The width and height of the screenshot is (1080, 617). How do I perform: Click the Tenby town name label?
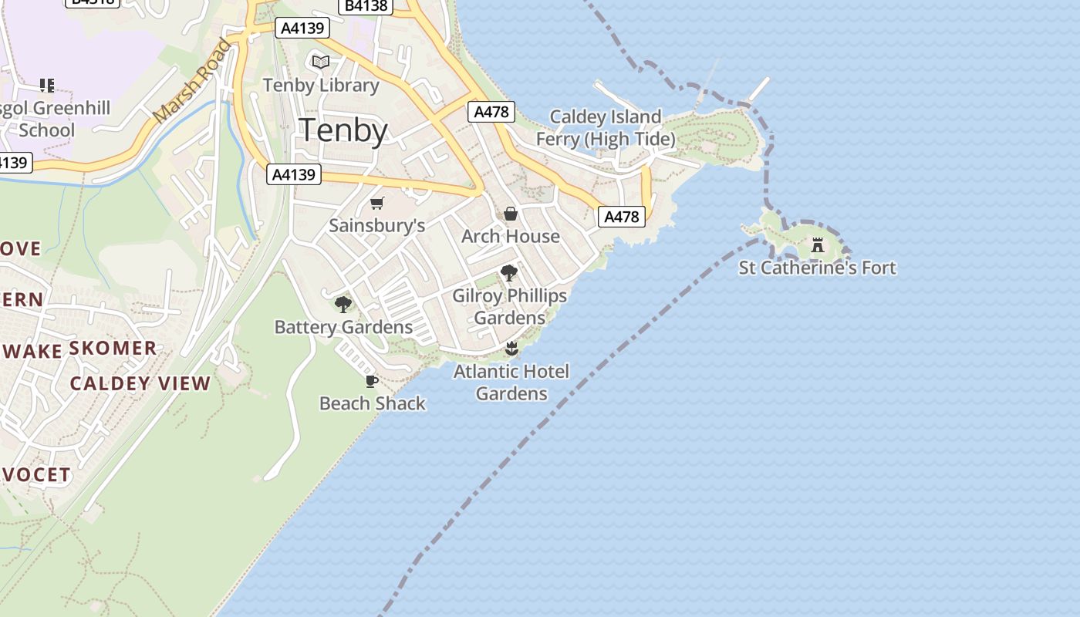coord(343,130)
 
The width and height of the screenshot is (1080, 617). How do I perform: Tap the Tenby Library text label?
coord(321,85)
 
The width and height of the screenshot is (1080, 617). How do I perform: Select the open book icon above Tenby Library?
coord(321,62)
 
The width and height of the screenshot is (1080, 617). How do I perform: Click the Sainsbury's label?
coord(376,225)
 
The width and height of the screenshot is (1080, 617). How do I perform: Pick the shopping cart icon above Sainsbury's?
coord(376,204)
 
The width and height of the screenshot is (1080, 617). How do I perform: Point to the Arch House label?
coord(510,236)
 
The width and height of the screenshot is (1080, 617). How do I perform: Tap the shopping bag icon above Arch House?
coord(510,214)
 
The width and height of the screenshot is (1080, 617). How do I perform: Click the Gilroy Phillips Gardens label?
coord(509,306)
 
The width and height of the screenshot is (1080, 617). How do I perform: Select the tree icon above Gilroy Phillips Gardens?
coord(508,272)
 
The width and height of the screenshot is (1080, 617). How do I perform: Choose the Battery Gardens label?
coord(343,327)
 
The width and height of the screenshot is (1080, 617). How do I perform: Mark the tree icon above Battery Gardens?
coord(343,305)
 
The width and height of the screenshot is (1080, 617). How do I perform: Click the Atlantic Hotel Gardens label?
coord(511,383)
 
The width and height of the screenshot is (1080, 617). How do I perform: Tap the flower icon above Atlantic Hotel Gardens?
coord(511,349)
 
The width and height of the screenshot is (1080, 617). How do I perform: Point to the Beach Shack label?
coord(372,403)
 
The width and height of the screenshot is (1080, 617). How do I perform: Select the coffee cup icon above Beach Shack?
coord(371,381)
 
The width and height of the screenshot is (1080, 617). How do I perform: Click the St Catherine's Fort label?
coord(817,268)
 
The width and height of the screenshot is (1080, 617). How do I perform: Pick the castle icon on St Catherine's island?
coord(817,245)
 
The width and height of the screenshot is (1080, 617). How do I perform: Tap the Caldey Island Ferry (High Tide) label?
coord(606,128)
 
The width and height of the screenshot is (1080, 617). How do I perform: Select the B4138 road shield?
coord(366,5)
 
